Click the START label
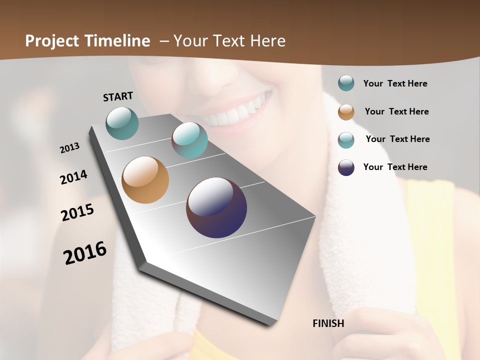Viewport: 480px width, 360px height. point(118,96)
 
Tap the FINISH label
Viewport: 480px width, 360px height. point(328,323)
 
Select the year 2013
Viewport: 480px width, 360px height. point(69,148)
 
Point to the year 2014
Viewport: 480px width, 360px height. point(73,177)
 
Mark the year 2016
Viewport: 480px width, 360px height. point(85,253)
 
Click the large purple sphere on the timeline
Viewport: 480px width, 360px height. point(216,207)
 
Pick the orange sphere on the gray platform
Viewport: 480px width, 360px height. point(145,180)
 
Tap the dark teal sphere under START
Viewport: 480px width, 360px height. point(122,123)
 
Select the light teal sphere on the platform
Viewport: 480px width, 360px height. point(190,140)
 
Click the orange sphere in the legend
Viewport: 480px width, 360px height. point(346,112)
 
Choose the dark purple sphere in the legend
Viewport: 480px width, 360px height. point(346,167)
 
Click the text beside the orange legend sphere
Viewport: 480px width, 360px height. point(396,111)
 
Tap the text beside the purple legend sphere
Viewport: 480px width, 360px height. point(395,167)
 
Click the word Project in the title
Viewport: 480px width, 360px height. point(52,41)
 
